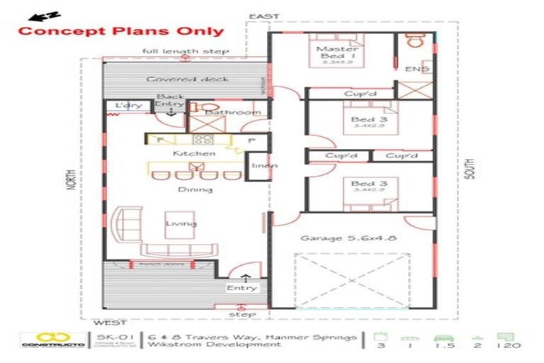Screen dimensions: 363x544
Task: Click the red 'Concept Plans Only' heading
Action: [x=120, y=31]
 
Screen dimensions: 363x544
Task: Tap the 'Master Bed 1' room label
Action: [x=336, y=52]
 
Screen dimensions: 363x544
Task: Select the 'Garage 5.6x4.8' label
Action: [x=348, y=238]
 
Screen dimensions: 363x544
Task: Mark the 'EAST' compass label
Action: [x=263, y=16]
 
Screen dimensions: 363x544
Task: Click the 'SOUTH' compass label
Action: [x=470, y=169]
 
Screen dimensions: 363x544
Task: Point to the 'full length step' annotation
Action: [x=185, y=52]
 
